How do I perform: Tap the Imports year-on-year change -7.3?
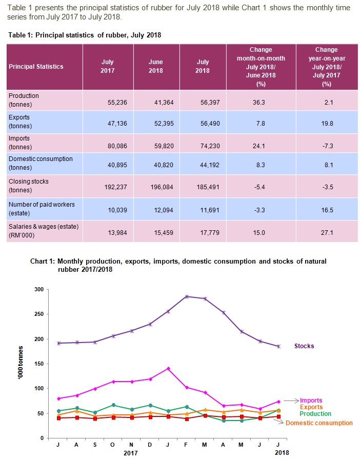327,145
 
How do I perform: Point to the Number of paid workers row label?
42,208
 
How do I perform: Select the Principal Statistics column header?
36,67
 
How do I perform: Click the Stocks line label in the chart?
304,346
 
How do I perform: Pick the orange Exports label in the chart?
312,407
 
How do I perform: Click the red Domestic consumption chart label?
319,423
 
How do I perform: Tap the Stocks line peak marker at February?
187,296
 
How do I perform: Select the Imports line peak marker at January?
168,368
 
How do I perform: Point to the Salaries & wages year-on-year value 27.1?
327,230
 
